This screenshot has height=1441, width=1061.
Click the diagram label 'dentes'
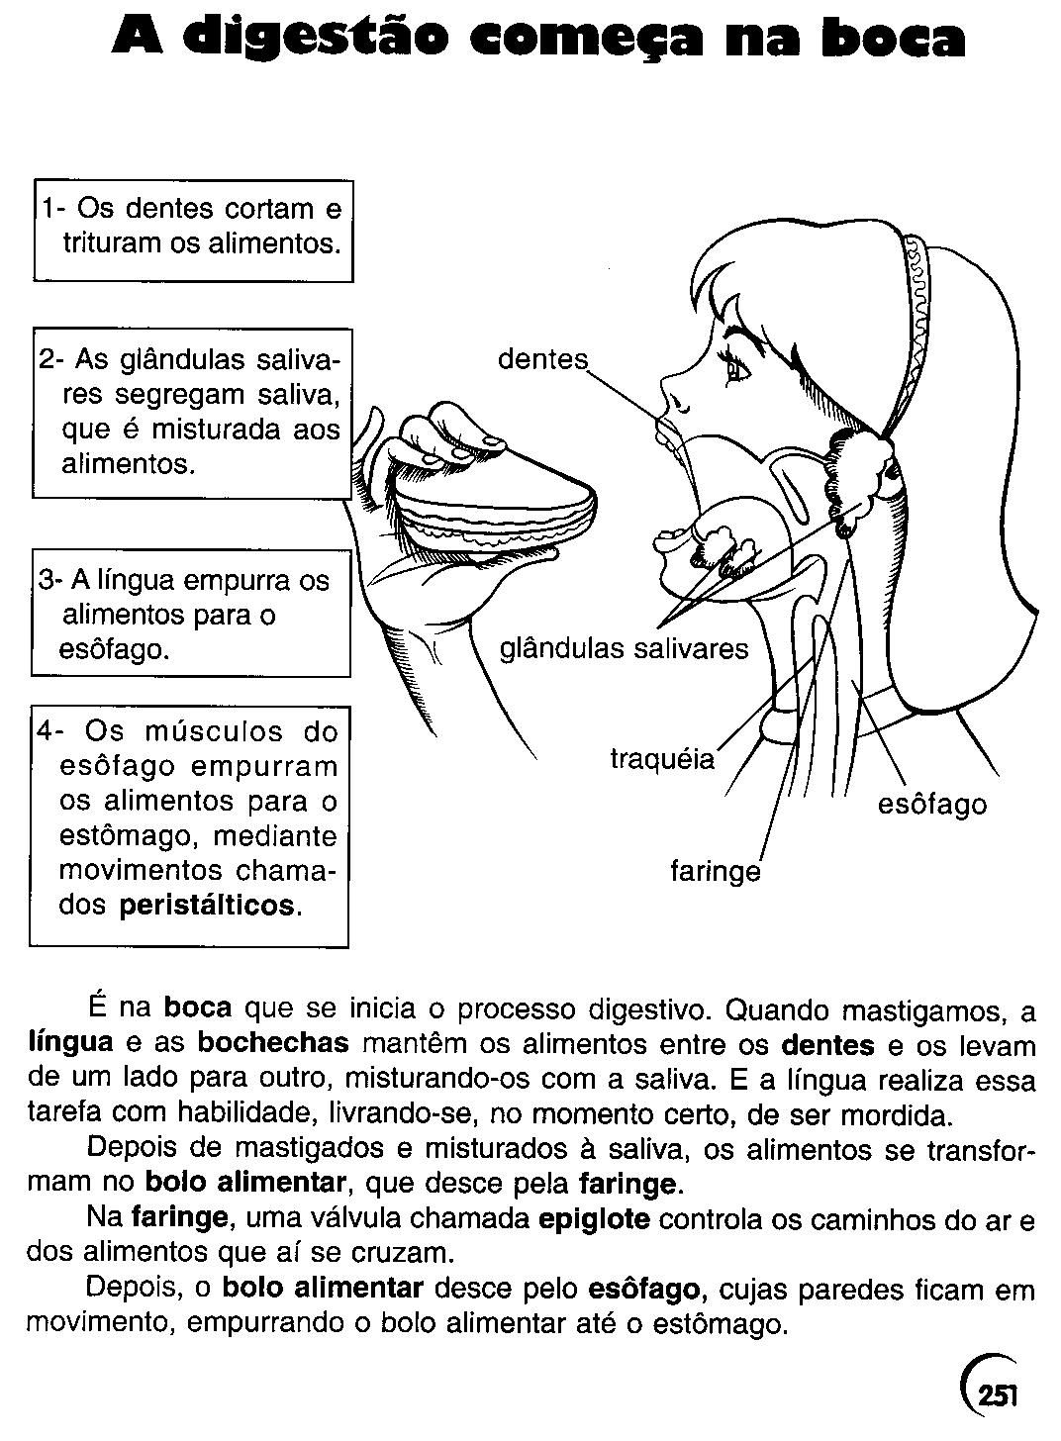[542, 359]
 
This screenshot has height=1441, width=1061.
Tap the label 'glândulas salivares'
[624, 649]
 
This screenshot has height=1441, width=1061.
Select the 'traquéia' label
[662, 760]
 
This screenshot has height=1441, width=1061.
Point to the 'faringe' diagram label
[716, 872]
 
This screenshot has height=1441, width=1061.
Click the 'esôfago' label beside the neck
[932, 804]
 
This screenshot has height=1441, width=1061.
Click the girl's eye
[737, 370]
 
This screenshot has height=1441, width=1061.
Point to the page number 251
[996, 1394]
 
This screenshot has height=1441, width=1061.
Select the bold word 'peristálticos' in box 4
[207, 906]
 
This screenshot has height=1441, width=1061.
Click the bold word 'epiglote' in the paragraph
[594, 1218]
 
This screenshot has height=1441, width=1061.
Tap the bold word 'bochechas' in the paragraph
[273, 1045]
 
